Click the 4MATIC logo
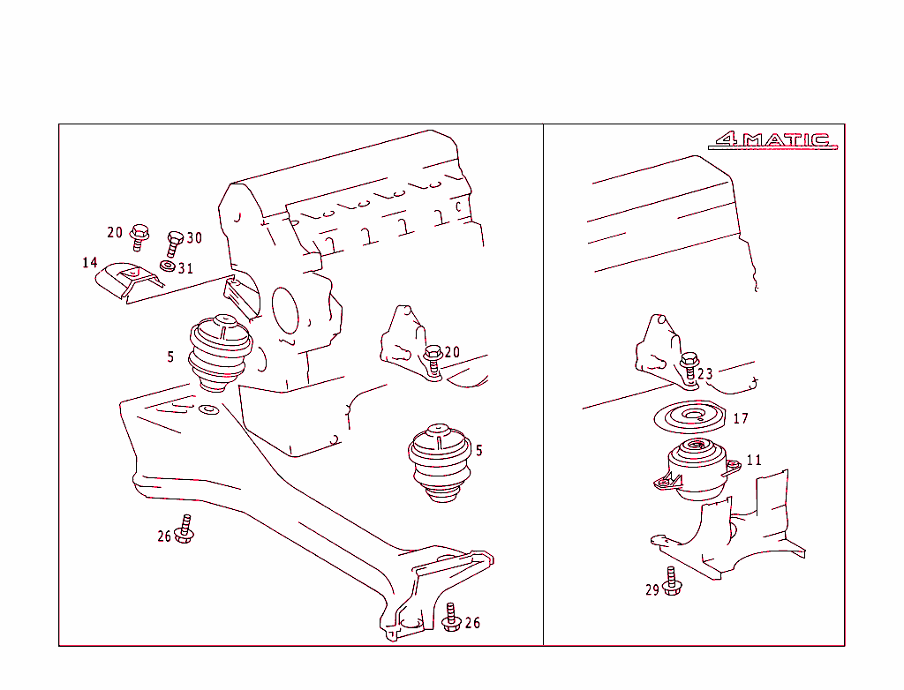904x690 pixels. (x=773, y=140)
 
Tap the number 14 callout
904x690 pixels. (x=89, y=263)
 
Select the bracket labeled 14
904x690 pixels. (x=129, y=281)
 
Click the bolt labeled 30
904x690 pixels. (x=174, y=244)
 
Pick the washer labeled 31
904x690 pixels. (x=168, y=266)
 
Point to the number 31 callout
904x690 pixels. (x=185, y=268)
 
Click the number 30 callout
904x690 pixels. (x=194, y=237)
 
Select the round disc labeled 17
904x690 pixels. (x=689, y=416)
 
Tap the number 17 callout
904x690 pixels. (x=741, y=418)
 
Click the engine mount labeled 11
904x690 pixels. (x=697, y=469)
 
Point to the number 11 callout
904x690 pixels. (x=754, y=460)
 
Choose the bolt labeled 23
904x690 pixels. (x=689, y=368)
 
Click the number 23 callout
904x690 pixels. (x=705, y=374)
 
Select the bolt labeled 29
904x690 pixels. (x=672, y=581)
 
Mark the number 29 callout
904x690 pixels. (x=652, y=590)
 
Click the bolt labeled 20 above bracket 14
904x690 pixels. (x=139, y=237)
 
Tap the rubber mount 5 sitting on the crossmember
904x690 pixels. (x=220, y=352)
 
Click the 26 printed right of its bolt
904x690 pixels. (x=473, y=623)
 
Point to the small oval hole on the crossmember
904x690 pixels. (x=208, y=409)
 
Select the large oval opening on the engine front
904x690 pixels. (x=285, y=311)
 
